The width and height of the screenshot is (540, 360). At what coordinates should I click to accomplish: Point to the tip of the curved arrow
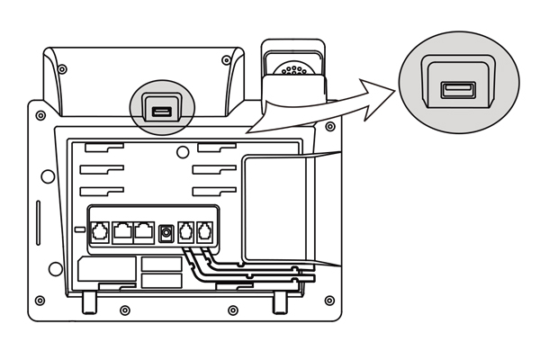coord(397,85)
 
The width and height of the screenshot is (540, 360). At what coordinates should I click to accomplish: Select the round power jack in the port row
coord(166,233)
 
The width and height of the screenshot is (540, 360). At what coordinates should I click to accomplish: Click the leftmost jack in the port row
coord(100,230)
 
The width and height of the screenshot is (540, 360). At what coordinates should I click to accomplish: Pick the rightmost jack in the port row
coord(206,230)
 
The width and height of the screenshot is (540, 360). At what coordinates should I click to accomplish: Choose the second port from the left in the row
coord(122,230)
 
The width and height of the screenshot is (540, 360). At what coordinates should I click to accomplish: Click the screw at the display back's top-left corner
coord(61,68)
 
